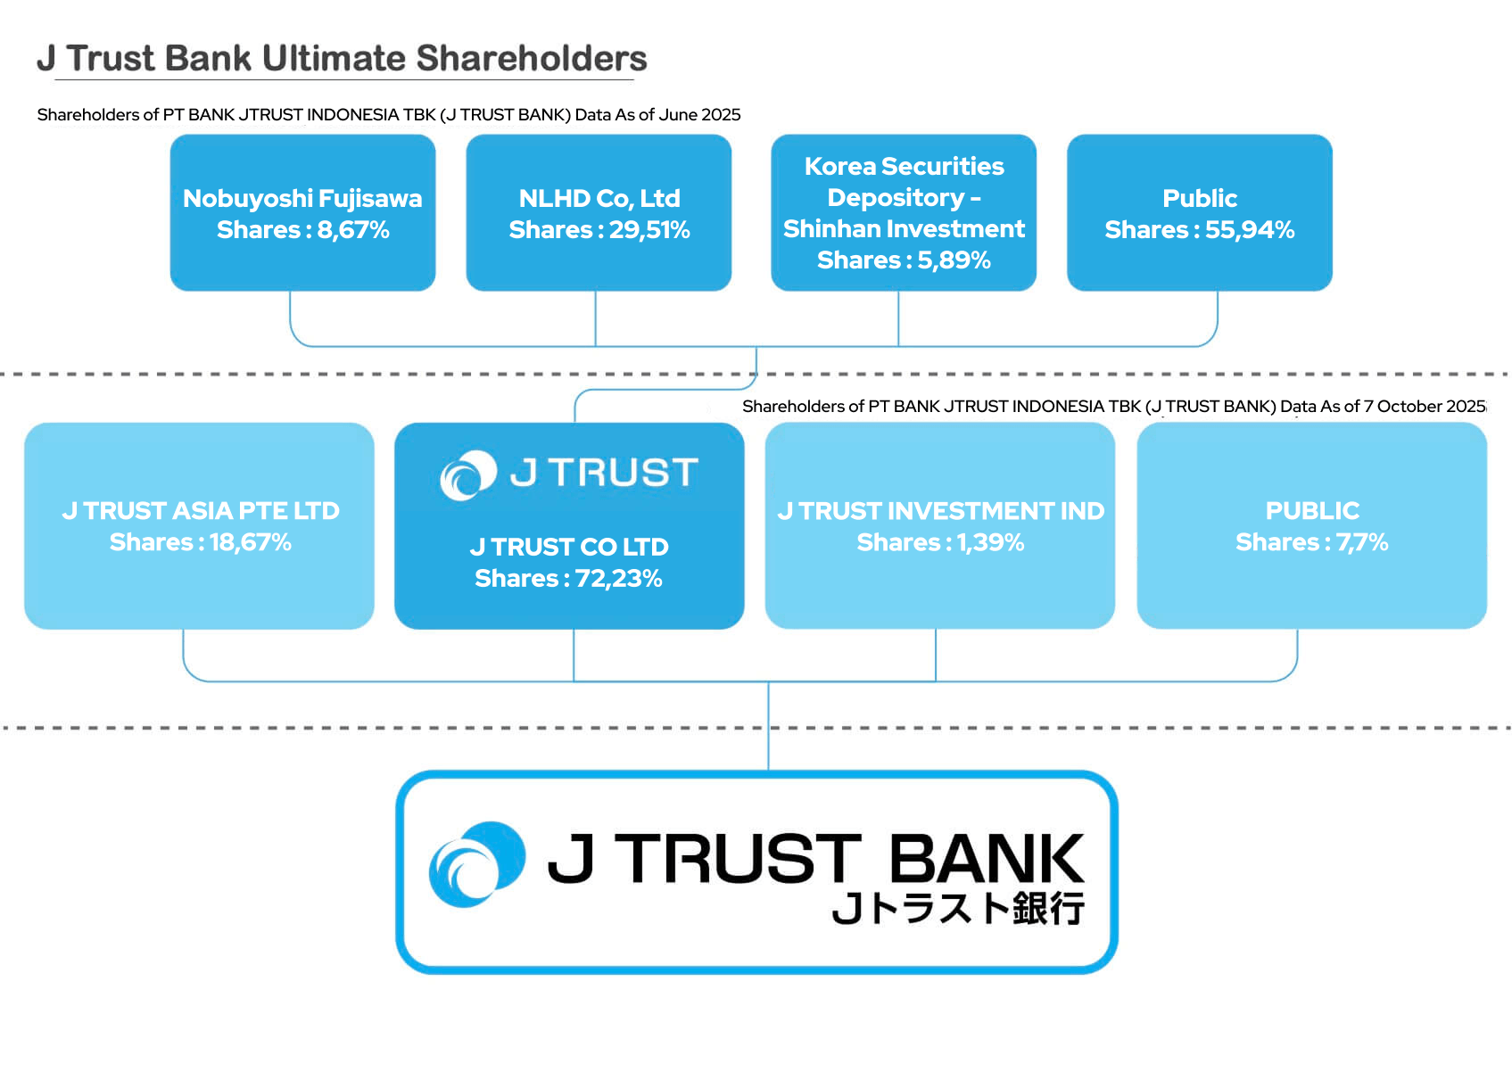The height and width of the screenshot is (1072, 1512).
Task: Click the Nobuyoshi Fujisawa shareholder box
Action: (302, 212)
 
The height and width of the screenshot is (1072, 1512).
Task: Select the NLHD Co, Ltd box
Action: (599, 212)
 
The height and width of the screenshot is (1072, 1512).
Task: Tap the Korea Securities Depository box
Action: (904, 212)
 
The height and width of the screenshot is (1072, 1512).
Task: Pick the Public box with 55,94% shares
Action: (1199, 212)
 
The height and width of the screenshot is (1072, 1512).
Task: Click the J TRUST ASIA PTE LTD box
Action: (199, 525)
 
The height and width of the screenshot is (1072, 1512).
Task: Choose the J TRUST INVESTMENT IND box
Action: (940, 525)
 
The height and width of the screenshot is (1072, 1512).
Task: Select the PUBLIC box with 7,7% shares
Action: (1311, 525)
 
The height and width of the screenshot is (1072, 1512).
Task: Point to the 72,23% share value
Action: (618, 579)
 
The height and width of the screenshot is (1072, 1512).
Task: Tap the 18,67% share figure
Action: (250, 542)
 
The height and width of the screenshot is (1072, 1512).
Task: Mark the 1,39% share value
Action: (990, 542)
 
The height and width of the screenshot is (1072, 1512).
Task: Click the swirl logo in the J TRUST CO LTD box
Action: (468, 474)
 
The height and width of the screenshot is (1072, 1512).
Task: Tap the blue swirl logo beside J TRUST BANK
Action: (476, 864)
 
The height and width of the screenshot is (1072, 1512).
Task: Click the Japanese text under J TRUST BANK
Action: (958, 909)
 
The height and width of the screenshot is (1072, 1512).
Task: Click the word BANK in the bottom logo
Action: (987, 859)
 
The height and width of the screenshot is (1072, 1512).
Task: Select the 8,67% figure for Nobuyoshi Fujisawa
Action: (353, 230)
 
